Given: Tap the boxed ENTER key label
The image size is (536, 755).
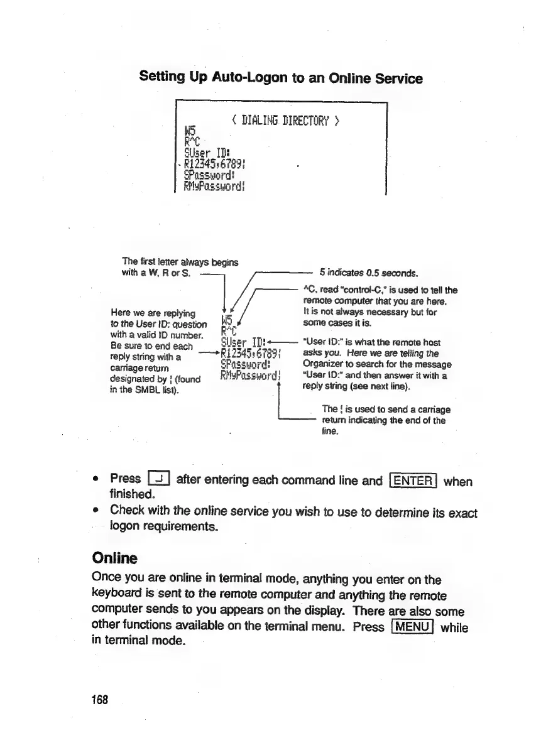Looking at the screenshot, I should [x=413, y=481].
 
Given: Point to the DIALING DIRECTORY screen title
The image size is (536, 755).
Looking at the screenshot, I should [x=285, y=120].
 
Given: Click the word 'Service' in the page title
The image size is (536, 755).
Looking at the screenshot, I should [x=395, y=78].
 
